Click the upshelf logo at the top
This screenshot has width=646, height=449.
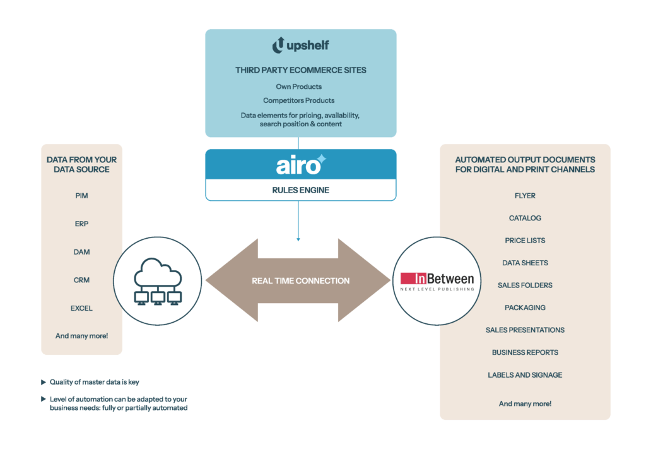pos(300,45)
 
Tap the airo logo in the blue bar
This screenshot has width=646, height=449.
pos(300,165)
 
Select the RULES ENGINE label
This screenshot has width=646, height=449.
pos(300,190)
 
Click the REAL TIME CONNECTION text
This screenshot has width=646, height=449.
pos(300,280)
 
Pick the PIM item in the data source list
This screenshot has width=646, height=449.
pos(81,196)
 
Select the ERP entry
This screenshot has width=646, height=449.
pos(81,224)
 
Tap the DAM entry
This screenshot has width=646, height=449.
pos(81,252)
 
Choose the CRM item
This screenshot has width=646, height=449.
pos(81,280)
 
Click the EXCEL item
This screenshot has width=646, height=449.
pos(81,308)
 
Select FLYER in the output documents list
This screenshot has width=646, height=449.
pos(525,196)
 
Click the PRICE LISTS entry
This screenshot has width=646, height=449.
pos(525,241)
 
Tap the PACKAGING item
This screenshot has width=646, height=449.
pos(525,308)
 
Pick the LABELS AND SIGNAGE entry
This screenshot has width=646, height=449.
pos(525,374)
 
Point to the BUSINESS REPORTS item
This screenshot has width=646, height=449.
pos(525,352)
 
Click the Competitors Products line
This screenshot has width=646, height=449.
pos(300,100)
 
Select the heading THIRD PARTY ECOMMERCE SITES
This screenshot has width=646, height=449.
pos(300,71)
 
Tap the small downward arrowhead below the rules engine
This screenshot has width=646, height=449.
pos(298,239)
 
